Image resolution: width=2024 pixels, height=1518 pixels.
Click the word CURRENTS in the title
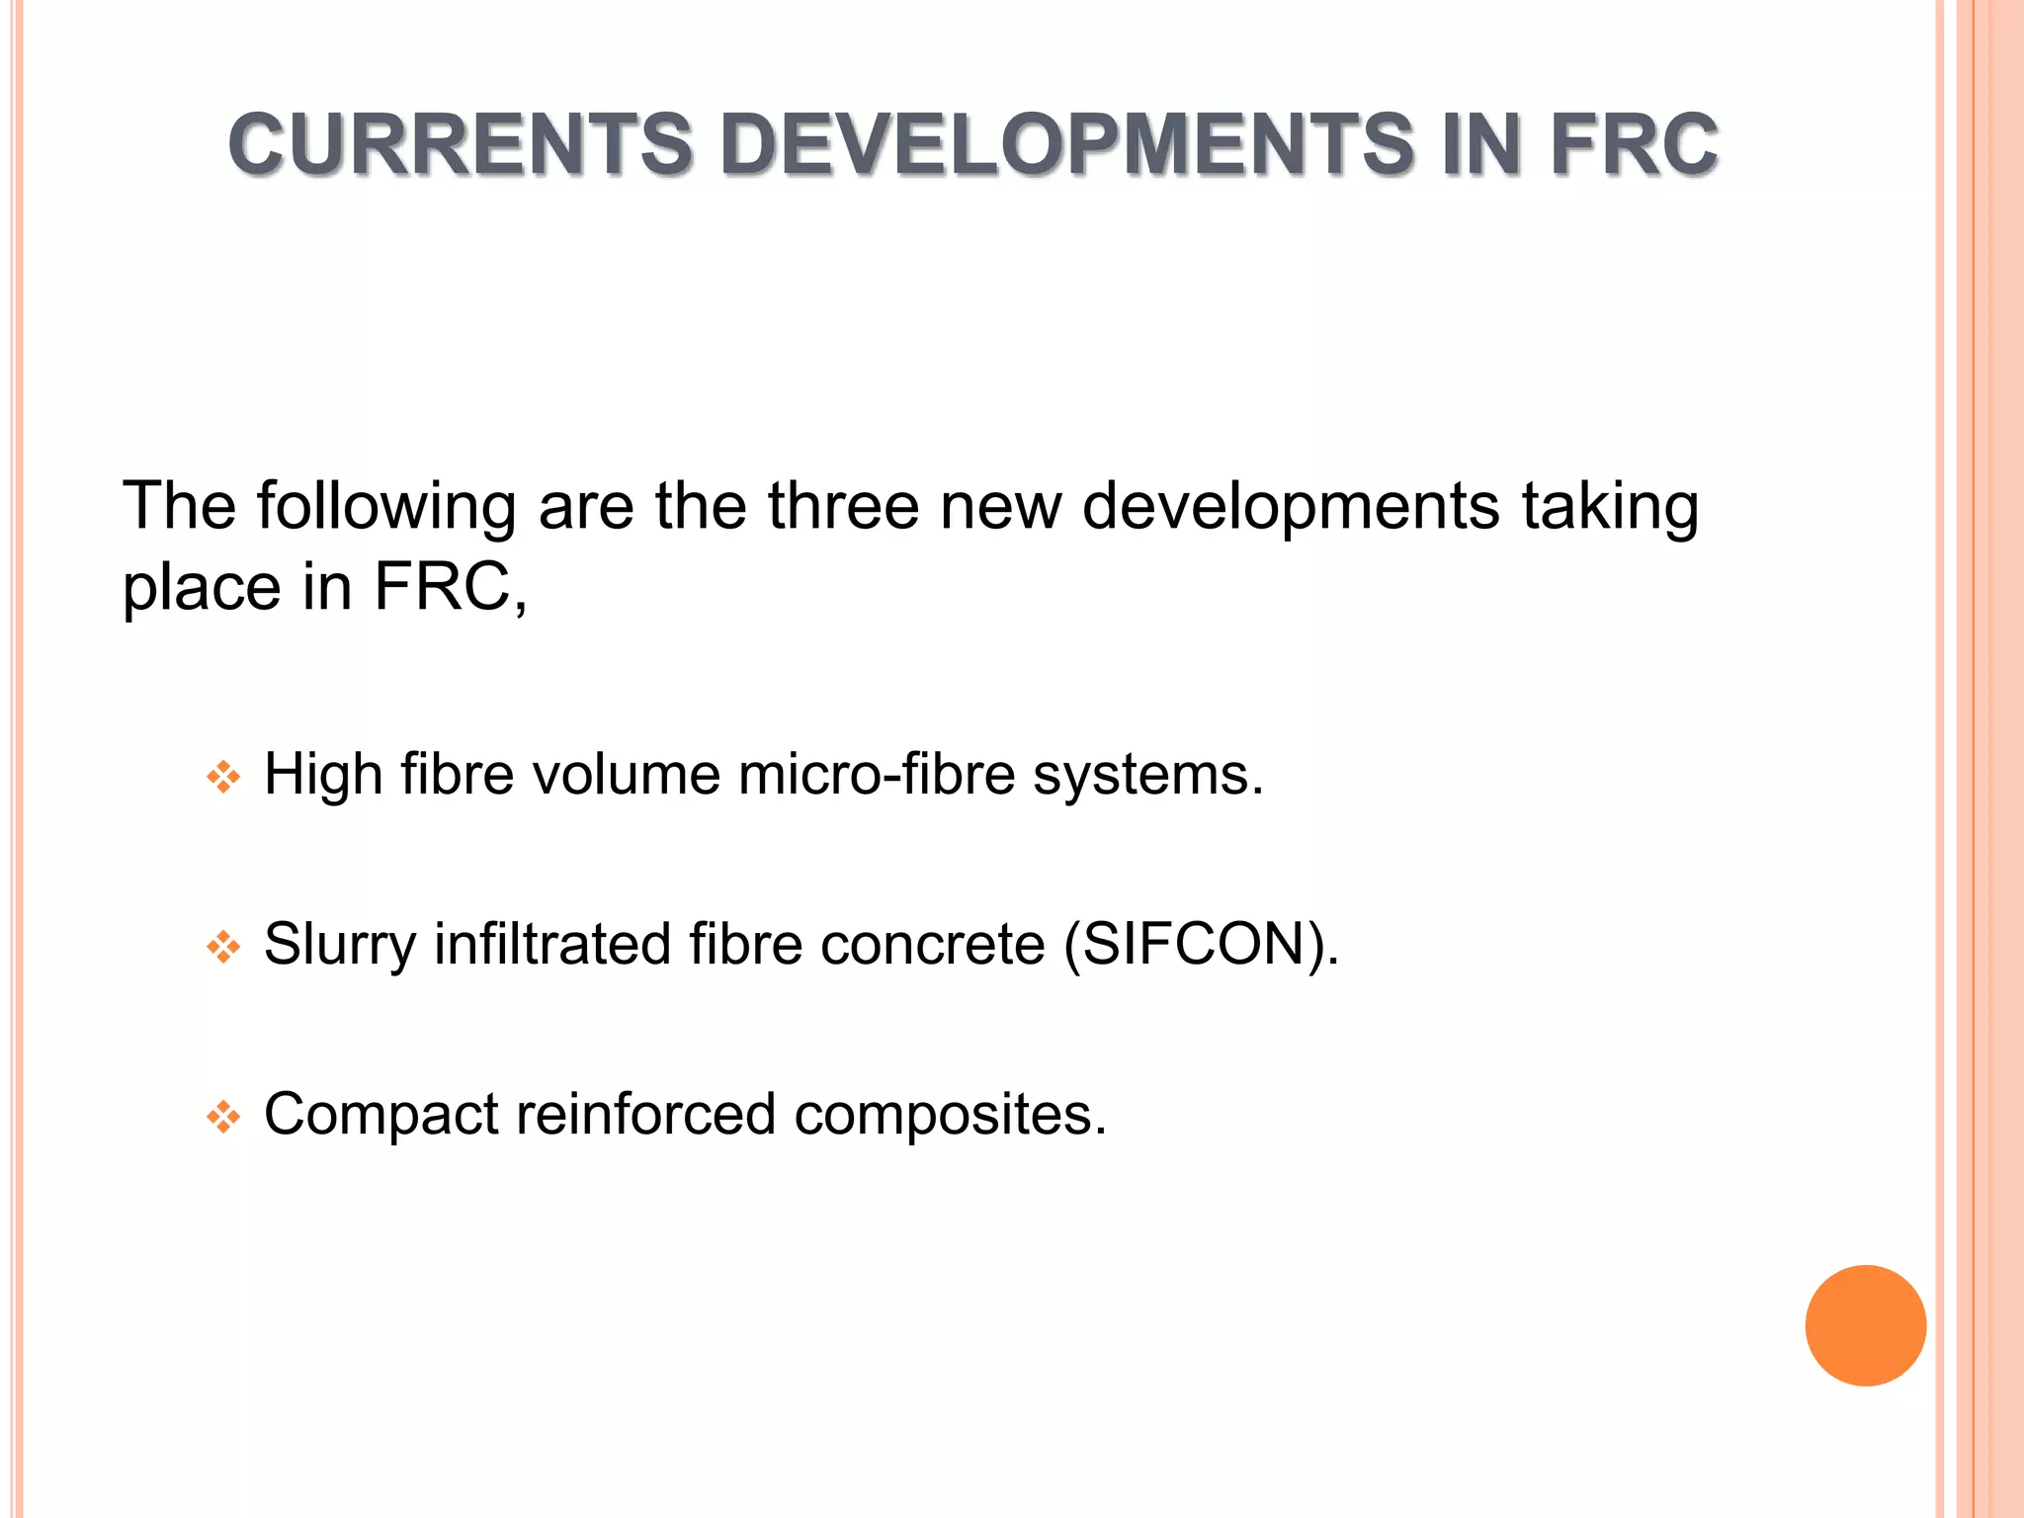(461, 144)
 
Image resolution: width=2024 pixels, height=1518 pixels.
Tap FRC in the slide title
(1634, 144)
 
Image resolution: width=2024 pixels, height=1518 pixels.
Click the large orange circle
(1865, 1325)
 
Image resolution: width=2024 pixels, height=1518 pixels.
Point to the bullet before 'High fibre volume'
(223, 777)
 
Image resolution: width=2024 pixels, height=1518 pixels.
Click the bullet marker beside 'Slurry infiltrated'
(223, 948)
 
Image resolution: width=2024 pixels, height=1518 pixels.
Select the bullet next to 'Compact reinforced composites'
(223, 1118)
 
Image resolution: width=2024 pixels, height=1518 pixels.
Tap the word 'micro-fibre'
(877, 774)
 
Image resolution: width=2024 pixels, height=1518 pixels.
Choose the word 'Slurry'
(340, 945)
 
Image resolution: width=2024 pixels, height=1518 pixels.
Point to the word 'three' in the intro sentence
(844, 506)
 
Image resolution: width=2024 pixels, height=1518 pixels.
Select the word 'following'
(386, 506)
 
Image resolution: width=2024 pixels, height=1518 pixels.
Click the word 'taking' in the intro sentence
(1610, 506)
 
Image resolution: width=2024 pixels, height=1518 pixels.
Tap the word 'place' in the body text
(203, 587)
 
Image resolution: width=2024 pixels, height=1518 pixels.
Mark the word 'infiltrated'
(552, 945)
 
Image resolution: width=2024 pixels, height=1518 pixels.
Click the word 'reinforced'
(646, 1115)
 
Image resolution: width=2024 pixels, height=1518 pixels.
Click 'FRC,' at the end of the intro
(451, 587)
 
